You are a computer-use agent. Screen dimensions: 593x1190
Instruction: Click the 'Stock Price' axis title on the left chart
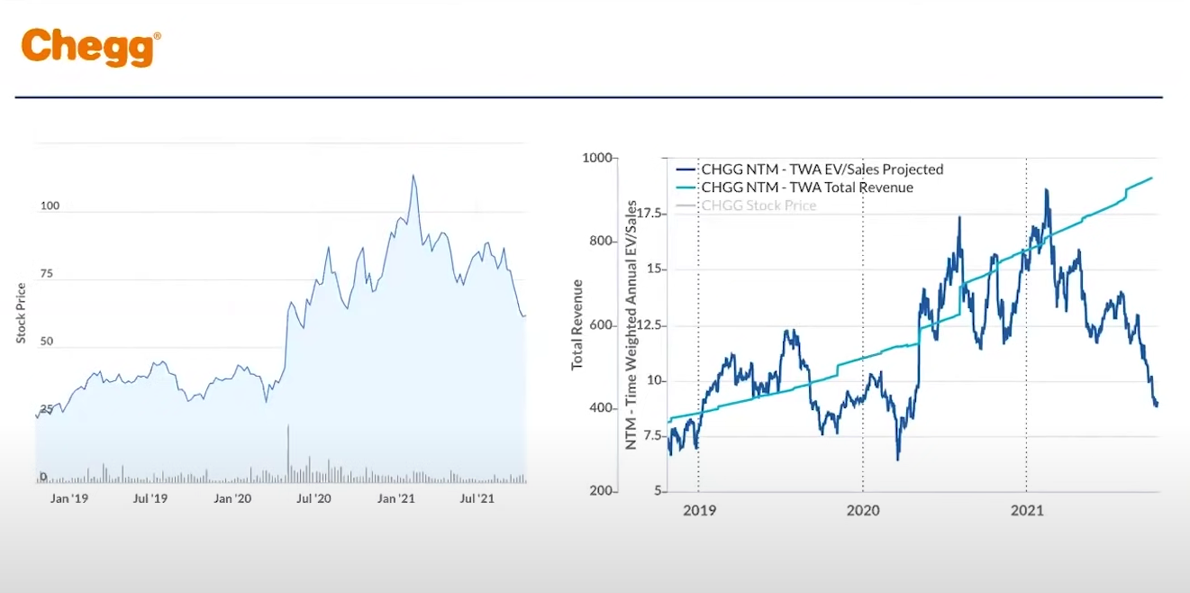point(22,313)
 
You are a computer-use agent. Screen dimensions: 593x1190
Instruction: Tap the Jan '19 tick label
point(69,498)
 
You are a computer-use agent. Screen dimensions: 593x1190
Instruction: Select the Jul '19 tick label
point(150,498)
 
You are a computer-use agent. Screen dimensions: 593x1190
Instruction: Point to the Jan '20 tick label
point(232,498)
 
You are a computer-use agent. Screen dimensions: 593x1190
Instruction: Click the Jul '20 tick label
point(313,498)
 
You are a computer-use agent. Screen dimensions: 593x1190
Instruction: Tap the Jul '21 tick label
point(476,498)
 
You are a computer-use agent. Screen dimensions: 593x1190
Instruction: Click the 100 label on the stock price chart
point(50,205)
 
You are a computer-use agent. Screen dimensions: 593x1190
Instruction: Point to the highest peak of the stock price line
point(413,176)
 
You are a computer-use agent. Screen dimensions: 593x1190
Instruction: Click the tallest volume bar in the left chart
point(288,451)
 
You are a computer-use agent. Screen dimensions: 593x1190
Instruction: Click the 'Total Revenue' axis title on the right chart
point(577,324)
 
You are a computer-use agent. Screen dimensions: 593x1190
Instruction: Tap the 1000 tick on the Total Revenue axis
point(597,158)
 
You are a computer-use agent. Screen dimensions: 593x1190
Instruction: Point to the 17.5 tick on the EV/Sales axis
point(649,214)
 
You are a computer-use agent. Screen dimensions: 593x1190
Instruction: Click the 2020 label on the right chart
point(863,511)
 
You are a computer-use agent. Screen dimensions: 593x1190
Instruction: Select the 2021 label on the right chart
point(1027,511)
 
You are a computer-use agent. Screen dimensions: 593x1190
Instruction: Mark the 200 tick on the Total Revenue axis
point(601,491)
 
